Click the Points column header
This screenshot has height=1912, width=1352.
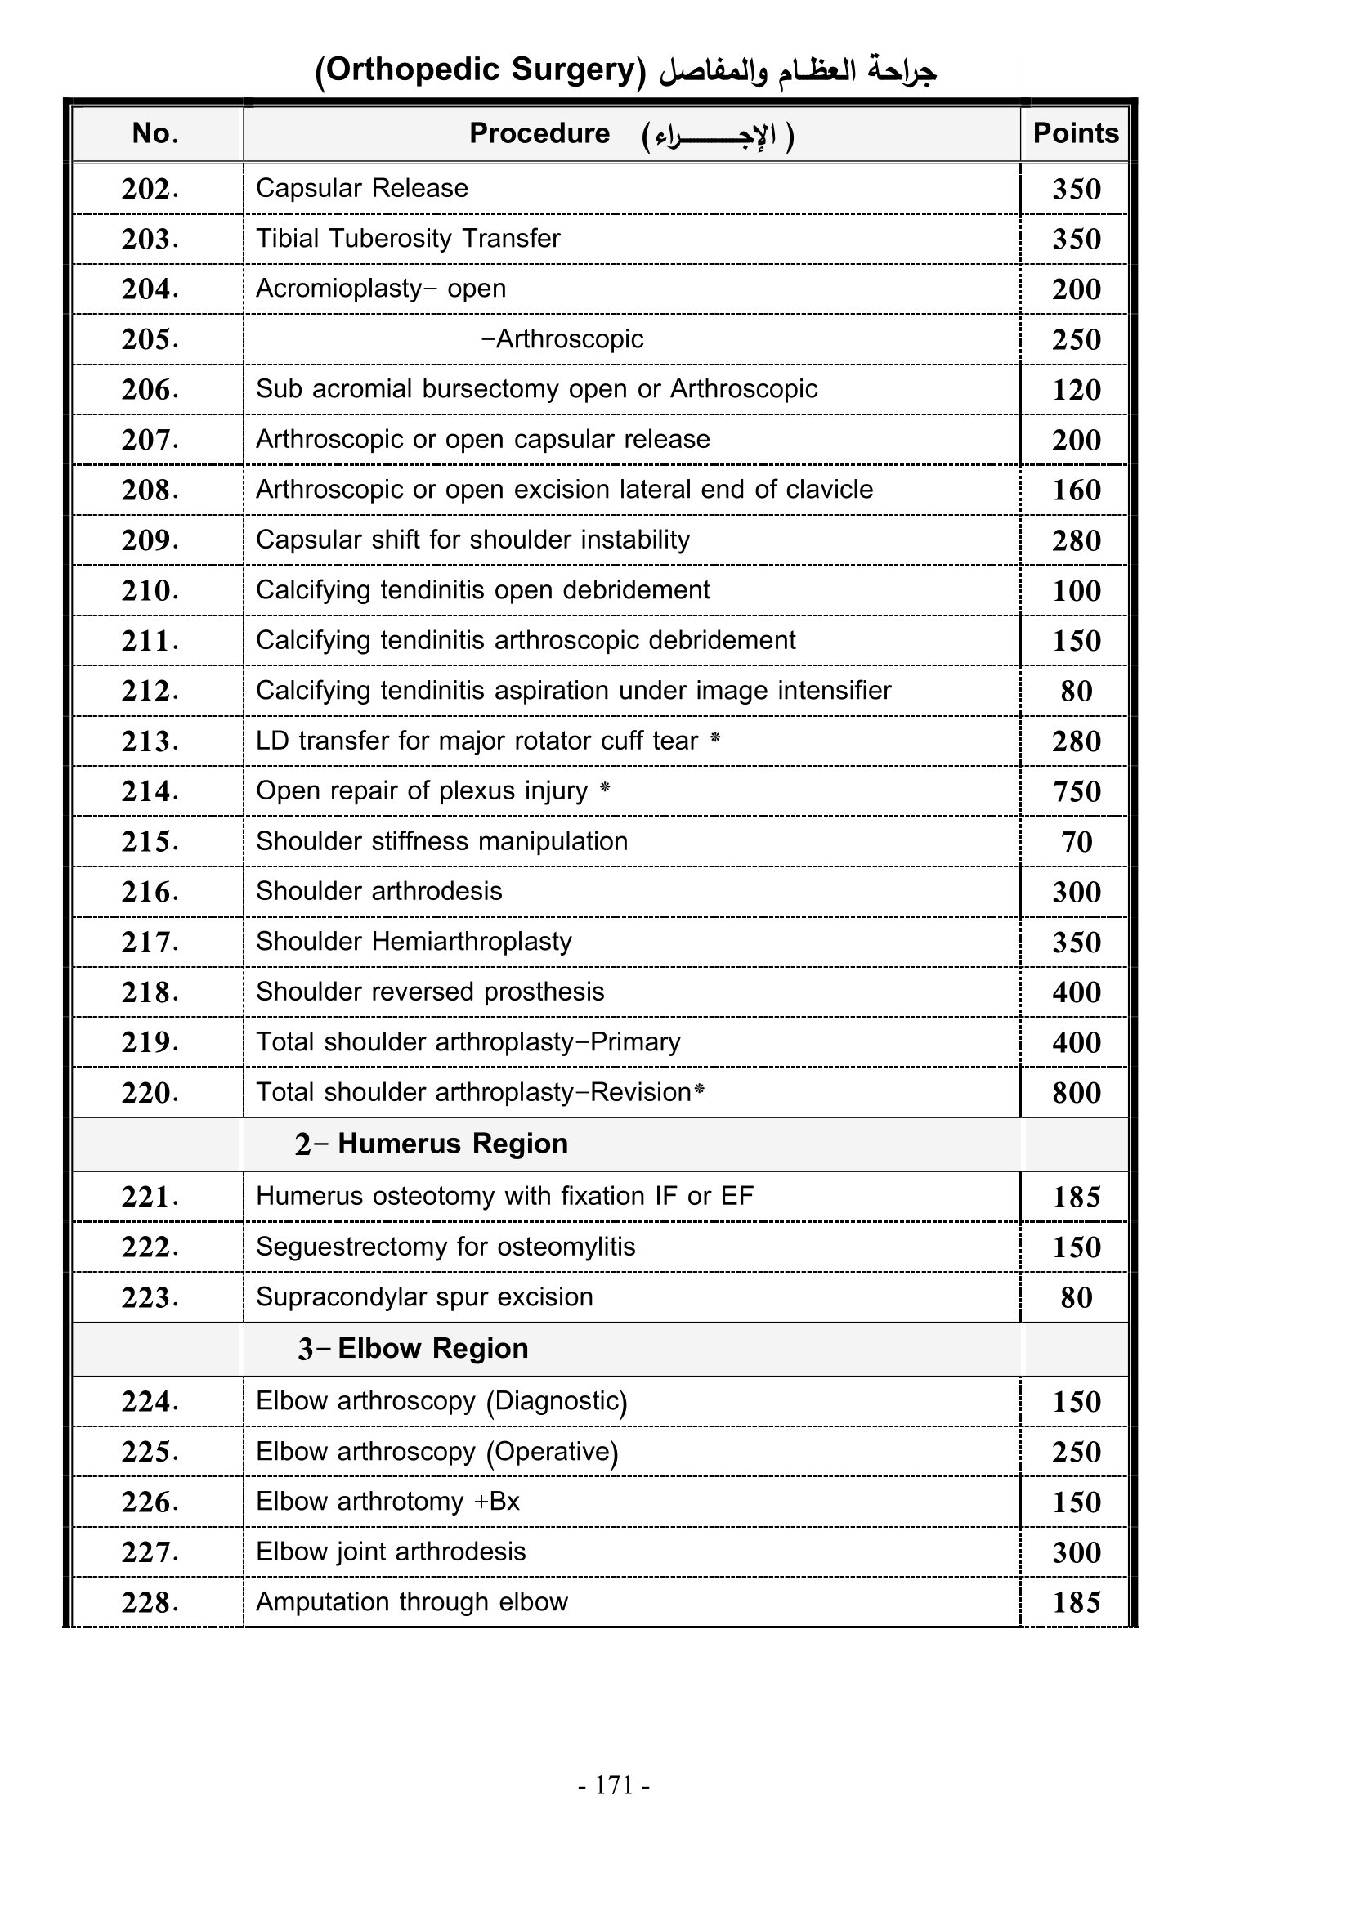tap(1075, 133)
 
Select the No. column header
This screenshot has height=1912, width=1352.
tap(154, 133)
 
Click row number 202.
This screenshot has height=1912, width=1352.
tap(150, 189)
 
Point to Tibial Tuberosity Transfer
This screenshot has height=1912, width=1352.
tap(407, 239)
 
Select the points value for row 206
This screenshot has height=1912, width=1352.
tap(1076, 390)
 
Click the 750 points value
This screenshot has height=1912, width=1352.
tap(1076, 791)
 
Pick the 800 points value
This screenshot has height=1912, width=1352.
tap(1076, 1093)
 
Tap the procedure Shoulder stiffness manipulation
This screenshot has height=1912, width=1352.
tap(441, 841)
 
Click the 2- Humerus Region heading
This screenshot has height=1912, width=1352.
tap(432, 1144)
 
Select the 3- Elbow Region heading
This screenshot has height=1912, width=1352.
tap(413, 1348)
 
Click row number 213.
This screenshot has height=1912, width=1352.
tap(150, 741)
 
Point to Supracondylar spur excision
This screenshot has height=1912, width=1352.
tap(423, 1297)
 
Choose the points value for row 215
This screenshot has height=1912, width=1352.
tap(1076, 842)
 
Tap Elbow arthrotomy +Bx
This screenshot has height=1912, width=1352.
tap(387, 1502)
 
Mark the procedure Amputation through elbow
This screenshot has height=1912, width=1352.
tap(411, 1602)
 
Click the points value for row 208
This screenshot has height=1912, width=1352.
tap(1076, 490)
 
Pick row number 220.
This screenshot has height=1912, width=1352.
tap(150, 1093)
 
